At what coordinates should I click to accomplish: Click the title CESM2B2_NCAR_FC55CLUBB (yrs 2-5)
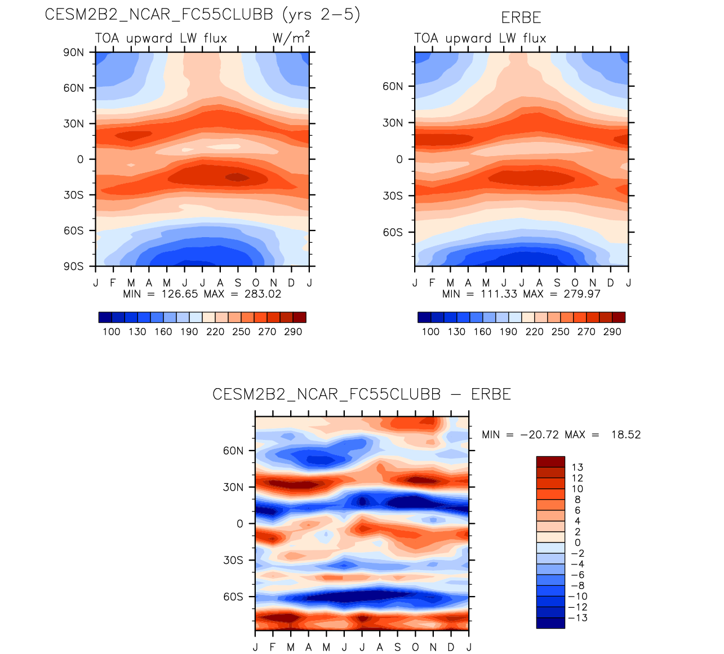coord(202,15)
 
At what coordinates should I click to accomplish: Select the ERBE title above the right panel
coord(521,18)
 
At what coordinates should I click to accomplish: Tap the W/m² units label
coord(291,38)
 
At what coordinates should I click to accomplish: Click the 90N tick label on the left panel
coord(73,52)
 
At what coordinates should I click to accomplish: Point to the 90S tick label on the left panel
coord(73,266)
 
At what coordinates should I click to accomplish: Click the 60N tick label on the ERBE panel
coord(393,86)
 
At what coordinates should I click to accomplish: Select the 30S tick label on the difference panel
coord(233,560)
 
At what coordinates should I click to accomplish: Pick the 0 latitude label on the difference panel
coord(240,524)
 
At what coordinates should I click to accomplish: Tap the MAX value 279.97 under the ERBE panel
coord(581,294)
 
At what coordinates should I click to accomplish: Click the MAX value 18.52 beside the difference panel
coord(626,435)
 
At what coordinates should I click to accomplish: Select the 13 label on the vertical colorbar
coord(577,467)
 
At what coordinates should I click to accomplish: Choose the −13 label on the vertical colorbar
coord(579,618)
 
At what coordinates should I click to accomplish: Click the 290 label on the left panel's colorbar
coord(293,332)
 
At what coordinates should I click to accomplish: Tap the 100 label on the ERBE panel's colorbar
coord(430,332)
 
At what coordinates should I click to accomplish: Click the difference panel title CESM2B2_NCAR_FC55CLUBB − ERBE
coord(362,394)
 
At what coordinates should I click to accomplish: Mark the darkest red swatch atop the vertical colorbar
coord(550,462)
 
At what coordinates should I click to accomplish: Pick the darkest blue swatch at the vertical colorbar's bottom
coord(550,623)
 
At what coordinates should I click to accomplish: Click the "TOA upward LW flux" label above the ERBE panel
coord(480,38)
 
